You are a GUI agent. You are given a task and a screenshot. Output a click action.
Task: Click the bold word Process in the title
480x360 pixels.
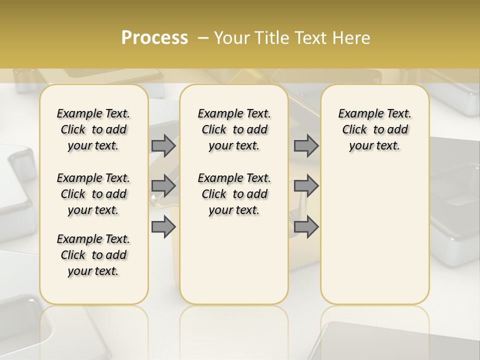154,38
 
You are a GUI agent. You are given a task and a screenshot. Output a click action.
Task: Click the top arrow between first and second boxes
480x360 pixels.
163,145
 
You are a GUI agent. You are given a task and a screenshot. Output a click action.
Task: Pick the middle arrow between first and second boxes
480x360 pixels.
163,186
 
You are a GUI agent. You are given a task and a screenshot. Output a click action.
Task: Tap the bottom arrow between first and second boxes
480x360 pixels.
163,227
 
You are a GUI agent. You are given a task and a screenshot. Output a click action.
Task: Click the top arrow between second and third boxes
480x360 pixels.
306,145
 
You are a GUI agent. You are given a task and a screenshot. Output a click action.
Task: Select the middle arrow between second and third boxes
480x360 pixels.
306,186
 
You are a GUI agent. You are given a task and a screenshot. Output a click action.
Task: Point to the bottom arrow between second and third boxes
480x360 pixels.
306,227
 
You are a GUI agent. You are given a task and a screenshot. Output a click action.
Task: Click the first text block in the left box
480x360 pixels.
93,129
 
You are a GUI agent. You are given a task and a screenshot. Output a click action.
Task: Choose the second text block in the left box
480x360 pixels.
93,194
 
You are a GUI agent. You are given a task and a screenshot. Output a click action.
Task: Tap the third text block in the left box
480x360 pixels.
93,255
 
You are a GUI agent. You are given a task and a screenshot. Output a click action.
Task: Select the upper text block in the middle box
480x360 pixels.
234,129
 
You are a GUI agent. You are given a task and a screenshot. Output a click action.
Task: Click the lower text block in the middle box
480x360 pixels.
234,194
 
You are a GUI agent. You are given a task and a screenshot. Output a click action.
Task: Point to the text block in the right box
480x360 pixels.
375,129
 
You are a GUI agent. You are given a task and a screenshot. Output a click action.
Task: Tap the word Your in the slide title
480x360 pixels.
230,38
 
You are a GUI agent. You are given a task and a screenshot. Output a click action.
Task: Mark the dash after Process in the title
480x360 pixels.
203,38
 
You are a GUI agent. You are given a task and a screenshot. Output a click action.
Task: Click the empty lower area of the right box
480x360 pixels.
375,235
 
